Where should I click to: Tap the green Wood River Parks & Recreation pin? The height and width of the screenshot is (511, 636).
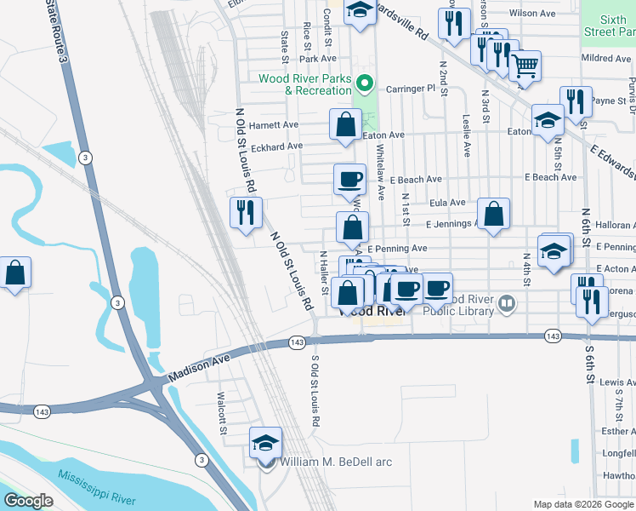(x=365, y=83)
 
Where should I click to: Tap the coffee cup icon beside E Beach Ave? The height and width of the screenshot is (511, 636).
(x=349, y=180)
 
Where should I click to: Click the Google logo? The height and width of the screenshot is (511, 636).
(x=29, y=501)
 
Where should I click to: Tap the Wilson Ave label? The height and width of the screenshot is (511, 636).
(x=532, y=14)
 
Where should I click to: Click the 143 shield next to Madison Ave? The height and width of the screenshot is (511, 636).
(x=296, y=342)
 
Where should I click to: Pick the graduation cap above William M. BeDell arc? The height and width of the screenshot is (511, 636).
(x=265, y=443)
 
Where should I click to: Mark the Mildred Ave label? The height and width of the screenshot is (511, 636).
(x=605, y=58)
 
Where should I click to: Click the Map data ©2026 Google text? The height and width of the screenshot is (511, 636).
(x=582, y=504)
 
